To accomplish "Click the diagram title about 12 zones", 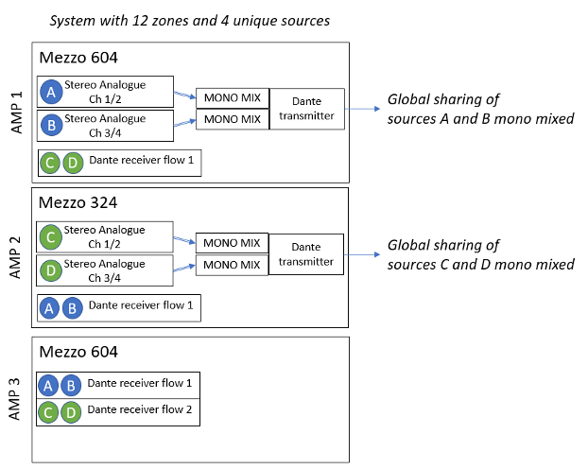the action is (x=190, y=21).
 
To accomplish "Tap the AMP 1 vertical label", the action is (x=16, y=113).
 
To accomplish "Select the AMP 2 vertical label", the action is (x=15, y=257).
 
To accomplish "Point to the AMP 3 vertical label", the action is (x=14, y=399).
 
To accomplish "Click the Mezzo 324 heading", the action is (x=78, y=202).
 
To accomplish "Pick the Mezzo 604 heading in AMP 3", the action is (x=78, y=352).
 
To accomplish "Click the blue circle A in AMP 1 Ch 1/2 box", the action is (x=51, y=92).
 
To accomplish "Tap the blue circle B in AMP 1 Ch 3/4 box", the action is (x=51, y=125).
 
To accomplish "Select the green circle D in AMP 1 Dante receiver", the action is (x=73, y=164).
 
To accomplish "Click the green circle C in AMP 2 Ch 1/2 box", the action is (x=51, y=237).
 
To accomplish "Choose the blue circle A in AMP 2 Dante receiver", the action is (x=49, y=308).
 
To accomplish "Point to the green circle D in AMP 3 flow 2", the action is (x=71, y=412).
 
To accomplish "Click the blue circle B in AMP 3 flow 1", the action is (x=71, y=386).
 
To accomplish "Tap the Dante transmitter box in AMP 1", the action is (x=306, y=109).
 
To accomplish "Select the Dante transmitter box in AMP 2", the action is (x=306, y=254).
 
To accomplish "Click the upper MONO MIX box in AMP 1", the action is (x=233, y=98).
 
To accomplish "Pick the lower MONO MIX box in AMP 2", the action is (x=232, y=265).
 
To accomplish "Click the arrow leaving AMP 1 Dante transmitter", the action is (x=362, y=109).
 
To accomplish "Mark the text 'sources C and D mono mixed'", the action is (x=481, y=265).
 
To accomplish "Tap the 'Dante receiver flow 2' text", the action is (x=140, y=409).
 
